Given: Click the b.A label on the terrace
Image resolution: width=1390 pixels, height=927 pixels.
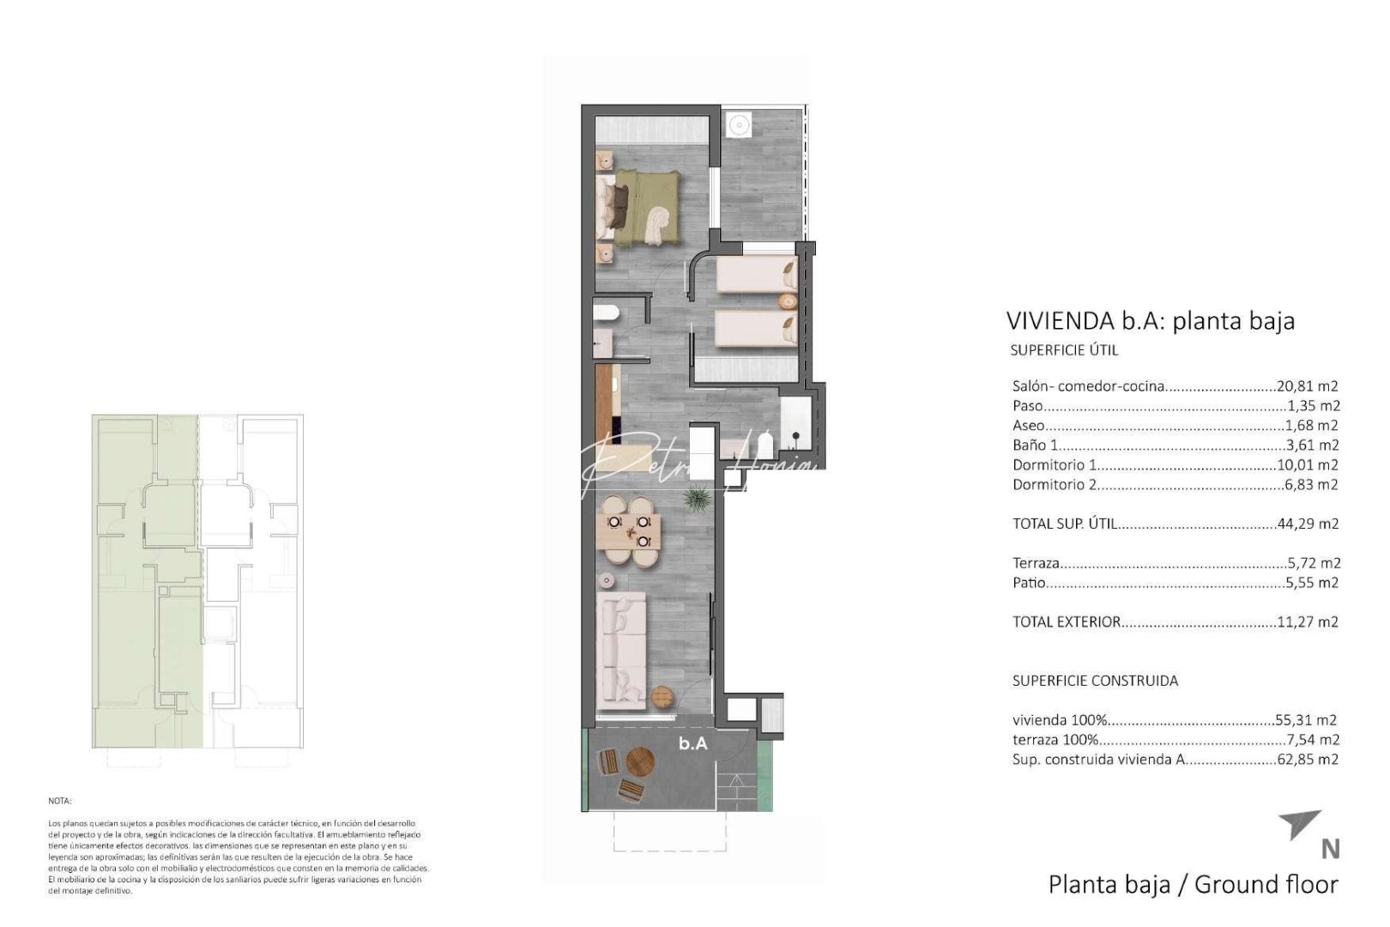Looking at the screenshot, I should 693,743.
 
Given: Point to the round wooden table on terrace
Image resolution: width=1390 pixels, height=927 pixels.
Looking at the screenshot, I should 640,760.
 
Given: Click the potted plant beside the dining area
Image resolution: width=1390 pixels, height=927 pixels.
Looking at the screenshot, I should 697,498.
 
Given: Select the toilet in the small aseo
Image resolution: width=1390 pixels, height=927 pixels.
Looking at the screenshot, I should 605,314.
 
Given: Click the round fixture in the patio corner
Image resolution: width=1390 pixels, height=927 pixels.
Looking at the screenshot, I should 737,125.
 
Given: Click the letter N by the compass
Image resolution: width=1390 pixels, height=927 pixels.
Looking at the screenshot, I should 1330,849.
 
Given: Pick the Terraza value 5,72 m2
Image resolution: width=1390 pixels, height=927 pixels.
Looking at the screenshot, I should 1313,564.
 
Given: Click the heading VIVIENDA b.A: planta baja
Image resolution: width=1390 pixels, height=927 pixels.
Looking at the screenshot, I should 1150,321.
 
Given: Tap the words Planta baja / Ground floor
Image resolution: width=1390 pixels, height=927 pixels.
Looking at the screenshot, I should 1193,884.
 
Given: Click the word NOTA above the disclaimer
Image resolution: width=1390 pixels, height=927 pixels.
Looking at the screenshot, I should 60,800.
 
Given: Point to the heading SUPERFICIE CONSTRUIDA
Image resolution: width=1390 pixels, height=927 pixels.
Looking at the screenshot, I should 1095,681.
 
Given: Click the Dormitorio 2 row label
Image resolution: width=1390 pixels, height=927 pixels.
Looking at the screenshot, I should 1055,485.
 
